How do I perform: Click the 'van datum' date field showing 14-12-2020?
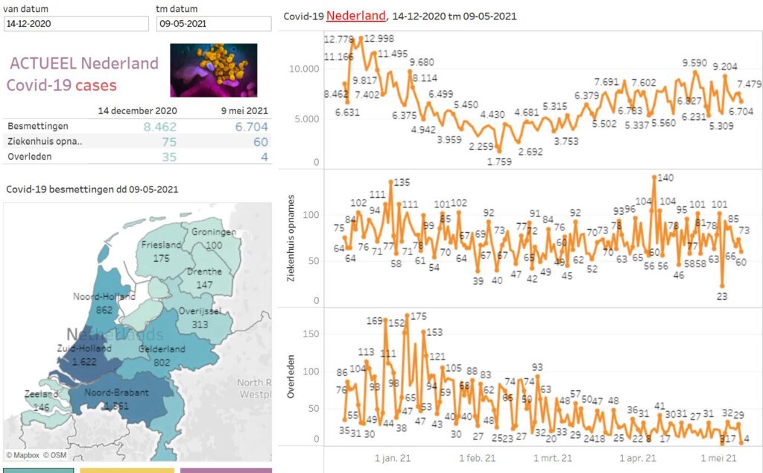pyautogui.click(x=75, y=23)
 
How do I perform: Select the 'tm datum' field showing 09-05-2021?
pyautogui.click(x=214, y=23)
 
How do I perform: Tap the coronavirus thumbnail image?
pyautogui.click(x=213, y=69)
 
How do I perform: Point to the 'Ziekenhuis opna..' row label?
pyautogui.click(x=45, y=142)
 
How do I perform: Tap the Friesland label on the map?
pyautogui.click(x=162, y=245)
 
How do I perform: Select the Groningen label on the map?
pyautogui.click(x=214, y=232)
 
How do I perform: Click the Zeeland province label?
pyautogui.click(x=40, y=394)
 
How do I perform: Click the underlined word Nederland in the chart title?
pyautogui.click(x=356, y=16)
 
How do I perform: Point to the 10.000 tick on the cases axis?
pyautogui.click(x=304, y=69)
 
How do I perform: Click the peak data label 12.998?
pyautogui.click(x=380, y=38)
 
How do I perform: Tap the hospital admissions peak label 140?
pyautogui.click(x=665, y=178)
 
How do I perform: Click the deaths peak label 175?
pyautogui.click(x=418, y=317)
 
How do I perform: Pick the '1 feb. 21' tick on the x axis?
pyautogui.click(x=477, y=458)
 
